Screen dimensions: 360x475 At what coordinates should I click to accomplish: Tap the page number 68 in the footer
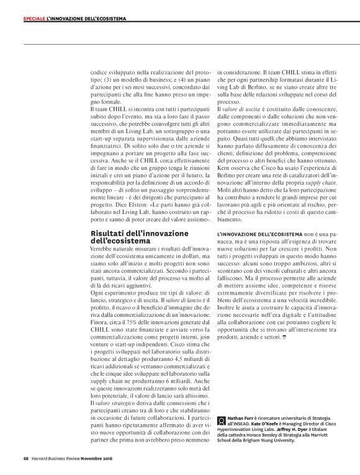coord(18,458)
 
